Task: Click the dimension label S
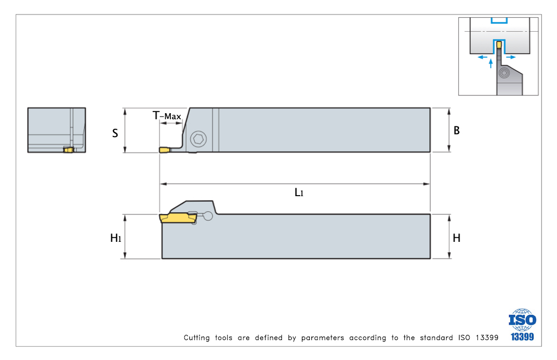115,133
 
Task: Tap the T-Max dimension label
167,115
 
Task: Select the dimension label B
457,130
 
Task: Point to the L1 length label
299,192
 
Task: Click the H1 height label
116,238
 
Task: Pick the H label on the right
457,238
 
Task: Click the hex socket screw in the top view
199,139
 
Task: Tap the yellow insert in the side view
178,218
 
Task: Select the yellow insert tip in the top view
164,150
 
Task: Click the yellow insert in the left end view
68,149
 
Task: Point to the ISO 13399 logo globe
522,320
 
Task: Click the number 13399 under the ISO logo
522,337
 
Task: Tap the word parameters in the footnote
323,338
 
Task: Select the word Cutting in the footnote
197,338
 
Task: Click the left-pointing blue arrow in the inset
482,57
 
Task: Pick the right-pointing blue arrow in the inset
511,57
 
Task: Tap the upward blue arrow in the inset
491,64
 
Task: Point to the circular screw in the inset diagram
504,74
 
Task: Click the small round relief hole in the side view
208,216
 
